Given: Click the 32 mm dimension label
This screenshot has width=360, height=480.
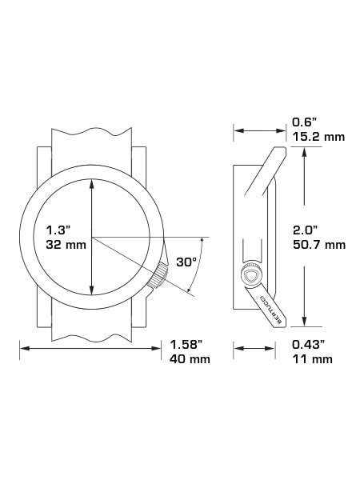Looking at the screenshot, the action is pyautogui.click(x=66, y=245).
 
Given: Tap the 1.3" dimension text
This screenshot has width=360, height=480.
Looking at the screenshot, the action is pyautogui.click(x=58, y=230).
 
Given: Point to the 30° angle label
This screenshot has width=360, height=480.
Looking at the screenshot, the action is pyautogui.click(x=186, y=262).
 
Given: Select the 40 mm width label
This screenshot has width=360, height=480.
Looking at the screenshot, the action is pyautogui.click(x=190, y=358).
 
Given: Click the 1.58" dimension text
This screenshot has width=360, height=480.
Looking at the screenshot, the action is pyautogui.click(x=186, y=345).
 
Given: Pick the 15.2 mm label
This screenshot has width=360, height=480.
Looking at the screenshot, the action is pyautogui.click(x=318, y=137).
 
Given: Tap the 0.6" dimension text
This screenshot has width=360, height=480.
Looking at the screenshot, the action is pyautogui.click(x=304, y=122).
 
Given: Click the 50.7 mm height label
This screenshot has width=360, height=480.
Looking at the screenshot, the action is pyautogui.click(x=319, y=245).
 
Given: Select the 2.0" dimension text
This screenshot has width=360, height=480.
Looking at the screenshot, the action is pyautogui.click(x=305, y=230).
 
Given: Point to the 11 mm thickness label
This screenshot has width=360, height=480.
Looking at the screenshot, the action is pyautogui.click(x=313, y=358).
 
